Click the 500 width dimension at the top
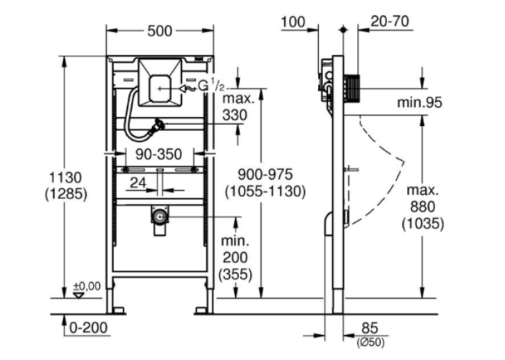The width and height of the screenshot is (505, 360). (160, 31)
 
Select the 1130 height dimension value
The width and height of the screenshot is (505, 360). (65, 178)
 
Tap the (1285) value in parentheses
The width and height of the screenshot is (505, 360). (66, 194)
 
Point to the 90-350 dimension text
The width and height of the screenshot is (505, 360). (159, 154)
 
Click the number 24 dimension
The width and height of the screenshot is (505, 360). (138, 183)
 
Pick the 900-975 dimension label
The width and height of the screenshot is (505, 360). (265, 174)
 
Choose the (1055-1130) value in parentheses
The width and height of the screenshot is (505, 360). (265, 192)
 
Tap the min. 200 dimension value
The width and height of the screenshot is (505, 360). (235, 249)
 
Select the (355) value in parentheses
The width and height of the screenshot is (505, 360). (236, 275)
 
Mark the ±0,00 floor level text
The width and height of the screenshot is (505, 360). (87, 286)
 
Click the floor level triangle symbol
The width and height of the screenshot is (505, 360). (79, 295)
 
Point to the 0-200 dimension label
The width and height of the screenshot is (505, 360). (88, 328)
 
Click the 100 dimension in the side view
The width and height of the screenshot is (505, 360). (293, 22)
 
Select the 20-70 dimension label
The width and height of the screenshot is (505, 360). (389, 22)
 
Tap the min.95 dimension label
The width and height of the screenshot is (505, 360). (419, 102)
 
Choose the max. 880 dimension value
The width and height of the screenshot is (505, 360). (423, 199)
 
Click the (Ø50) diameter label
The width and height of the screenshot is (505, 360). (370, 342)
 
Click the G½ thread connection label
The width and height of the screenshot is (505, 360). (211, 86)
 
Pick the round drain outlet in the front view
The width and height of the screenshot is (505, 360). (160, 217)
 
